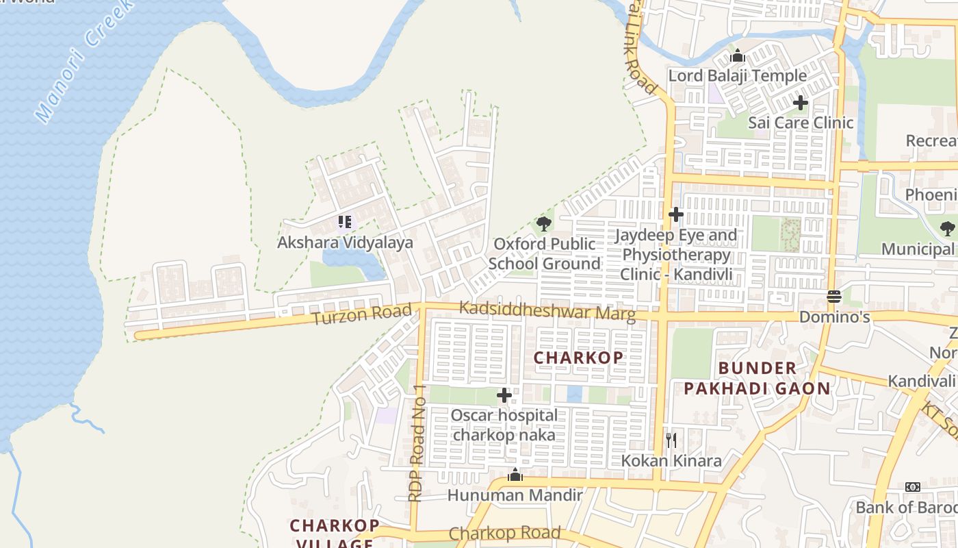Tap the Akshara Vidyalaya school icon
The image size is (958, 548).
click(x=345, y=222)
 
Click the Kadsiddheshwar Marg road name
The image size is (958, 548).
click(x=547, y=311)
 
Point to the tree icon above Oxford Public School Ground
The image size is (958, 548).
click(x=544, y=223)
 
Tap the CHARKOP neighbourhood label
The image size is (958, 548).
click(x=578, y=358)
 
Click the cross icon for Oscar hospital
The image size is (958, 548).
click(x=504, y=395)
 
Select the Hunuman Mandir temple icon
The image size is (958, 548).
click(x=515, y=475)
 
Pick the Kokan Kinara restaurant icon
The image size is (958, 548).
click(x=671, y=440)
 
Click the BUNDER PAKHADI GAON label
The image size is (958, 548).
click(x=757, y=378)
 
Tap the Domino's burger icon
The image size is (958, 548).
click(x=833, y=297)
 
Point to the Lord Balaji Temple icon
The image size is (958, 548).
click(x=738, y=55)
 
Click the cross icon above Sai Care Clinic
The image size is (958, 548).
click(x=801, y=103)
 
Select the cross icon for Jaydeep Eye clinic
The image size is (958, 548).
click(x=676, y=214)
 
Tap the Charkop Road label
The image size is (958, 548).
click(x=504, y=534)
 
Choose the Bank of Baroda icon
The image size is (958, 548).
click(x=913, y=487)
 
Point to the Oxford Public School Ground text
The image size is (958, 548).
click(x=544, y=253)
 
